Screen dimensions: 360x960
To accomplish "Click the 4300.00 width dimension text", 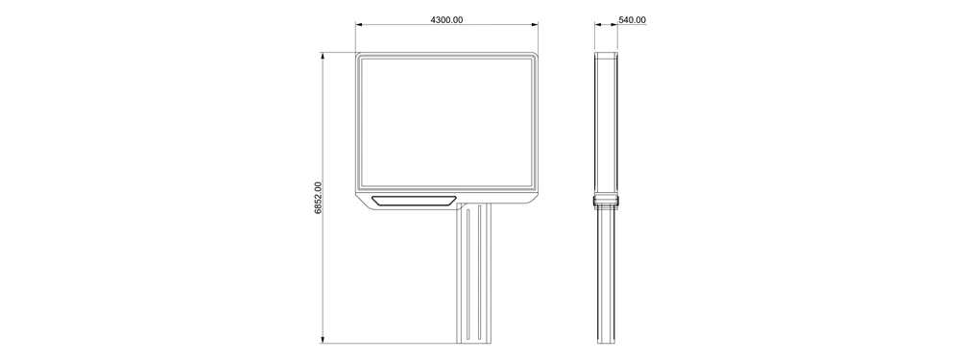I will click(x=447, y=19).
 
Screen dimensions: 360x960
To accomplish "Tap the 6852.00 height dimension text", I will click(x=319, y=198).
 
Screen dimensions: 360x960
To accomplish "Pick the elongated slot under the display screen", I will click(x=414, y=201).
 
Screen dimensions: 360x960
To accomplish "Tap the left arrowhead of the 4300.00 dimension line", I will click(x=359, y=25).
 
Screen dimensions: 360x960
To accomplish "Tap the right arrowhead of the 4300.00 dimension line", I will click(x=534, y=25).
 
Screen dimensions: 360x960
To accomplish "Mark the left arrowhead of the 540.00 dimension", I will click(x=597, y=25).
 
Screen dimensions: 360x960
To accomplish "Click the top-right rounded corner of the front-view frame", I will click(x=535, y=56).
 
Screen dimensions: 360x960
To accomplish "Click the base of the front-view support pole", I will click(x=475, y=340).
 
